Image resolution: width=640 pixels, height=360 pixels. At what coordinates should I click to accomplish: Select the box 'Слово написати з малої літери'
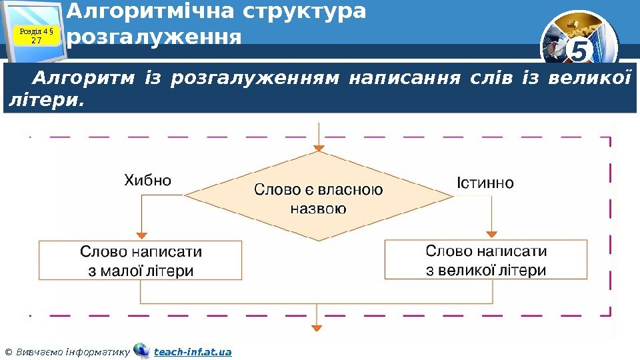coord(141,261)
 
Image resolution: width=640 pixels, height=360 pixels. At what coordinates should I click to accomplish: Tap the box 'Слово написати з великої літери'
coord(486,260)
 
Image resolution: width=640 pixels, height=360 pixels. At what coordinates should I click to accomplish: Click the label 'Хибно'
coord(148,180)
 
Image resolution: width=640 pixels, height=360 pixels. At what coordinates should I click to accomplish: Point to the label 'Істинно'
coord(485,182)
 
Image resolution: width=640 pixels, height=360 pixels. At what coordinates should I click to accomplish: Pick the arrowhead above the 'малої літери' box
coord(141,235)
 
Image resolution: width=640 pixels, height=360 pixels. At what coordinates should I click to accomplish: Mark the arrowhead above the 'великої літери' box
coord(491,233)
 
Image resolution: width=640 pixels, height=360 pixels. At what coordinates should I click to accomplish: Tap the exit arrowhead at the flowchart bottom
coord(317,327)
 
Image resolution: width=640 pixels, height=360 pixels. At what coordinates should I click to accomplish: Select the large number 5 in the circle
coord(579,51)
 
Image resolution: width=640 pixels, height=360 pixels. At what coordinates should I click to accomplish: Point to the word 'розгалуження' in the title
coord(154,36)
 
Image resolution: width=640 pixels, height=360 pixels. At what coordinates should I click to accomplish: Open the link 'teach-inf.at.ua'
coord(193,351)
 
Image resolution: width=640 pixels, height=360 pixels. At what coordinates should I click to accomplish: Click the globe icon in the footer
coord(141,350)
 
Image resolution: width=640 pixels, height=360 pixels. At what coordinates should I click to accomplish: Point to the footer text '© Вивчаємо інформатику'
coord(66,351)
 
